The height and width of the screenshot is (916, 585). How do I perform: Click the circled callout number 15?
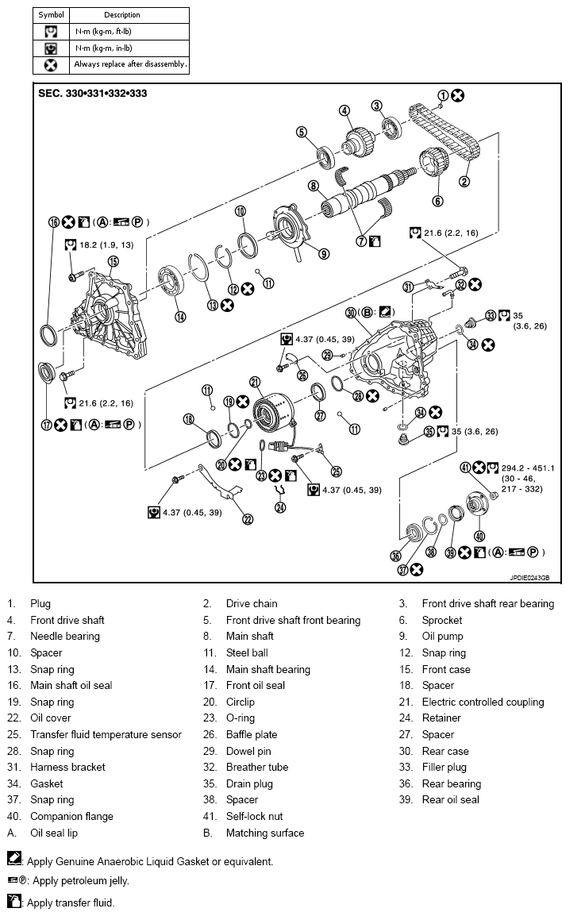pos(113,261)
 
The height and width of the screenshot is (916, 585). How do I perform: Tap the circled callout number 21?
pos(255,380)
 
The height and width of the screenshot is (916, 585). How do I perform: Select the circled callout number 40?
pos(479,535)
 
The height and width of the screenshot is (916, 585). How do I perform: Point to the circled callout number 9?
pos(324,253)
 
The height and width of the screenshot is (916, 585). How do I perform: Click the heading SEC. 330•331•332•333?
pos(92,93)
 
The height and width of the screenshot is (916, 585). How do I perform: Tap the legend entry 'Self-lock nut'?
pos(254,817)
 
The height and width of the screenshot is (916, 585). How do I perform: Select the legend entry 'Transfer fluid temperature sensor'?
pos(106,735)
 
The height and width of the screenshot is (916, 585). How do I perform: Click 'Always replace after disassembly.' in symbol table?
pos(130,64)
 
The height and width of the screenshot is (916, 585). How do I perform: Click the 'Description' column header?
pos(121,14)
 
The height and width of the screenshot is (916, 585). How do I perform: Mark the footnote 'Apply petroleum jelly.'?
pos(78,881)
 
